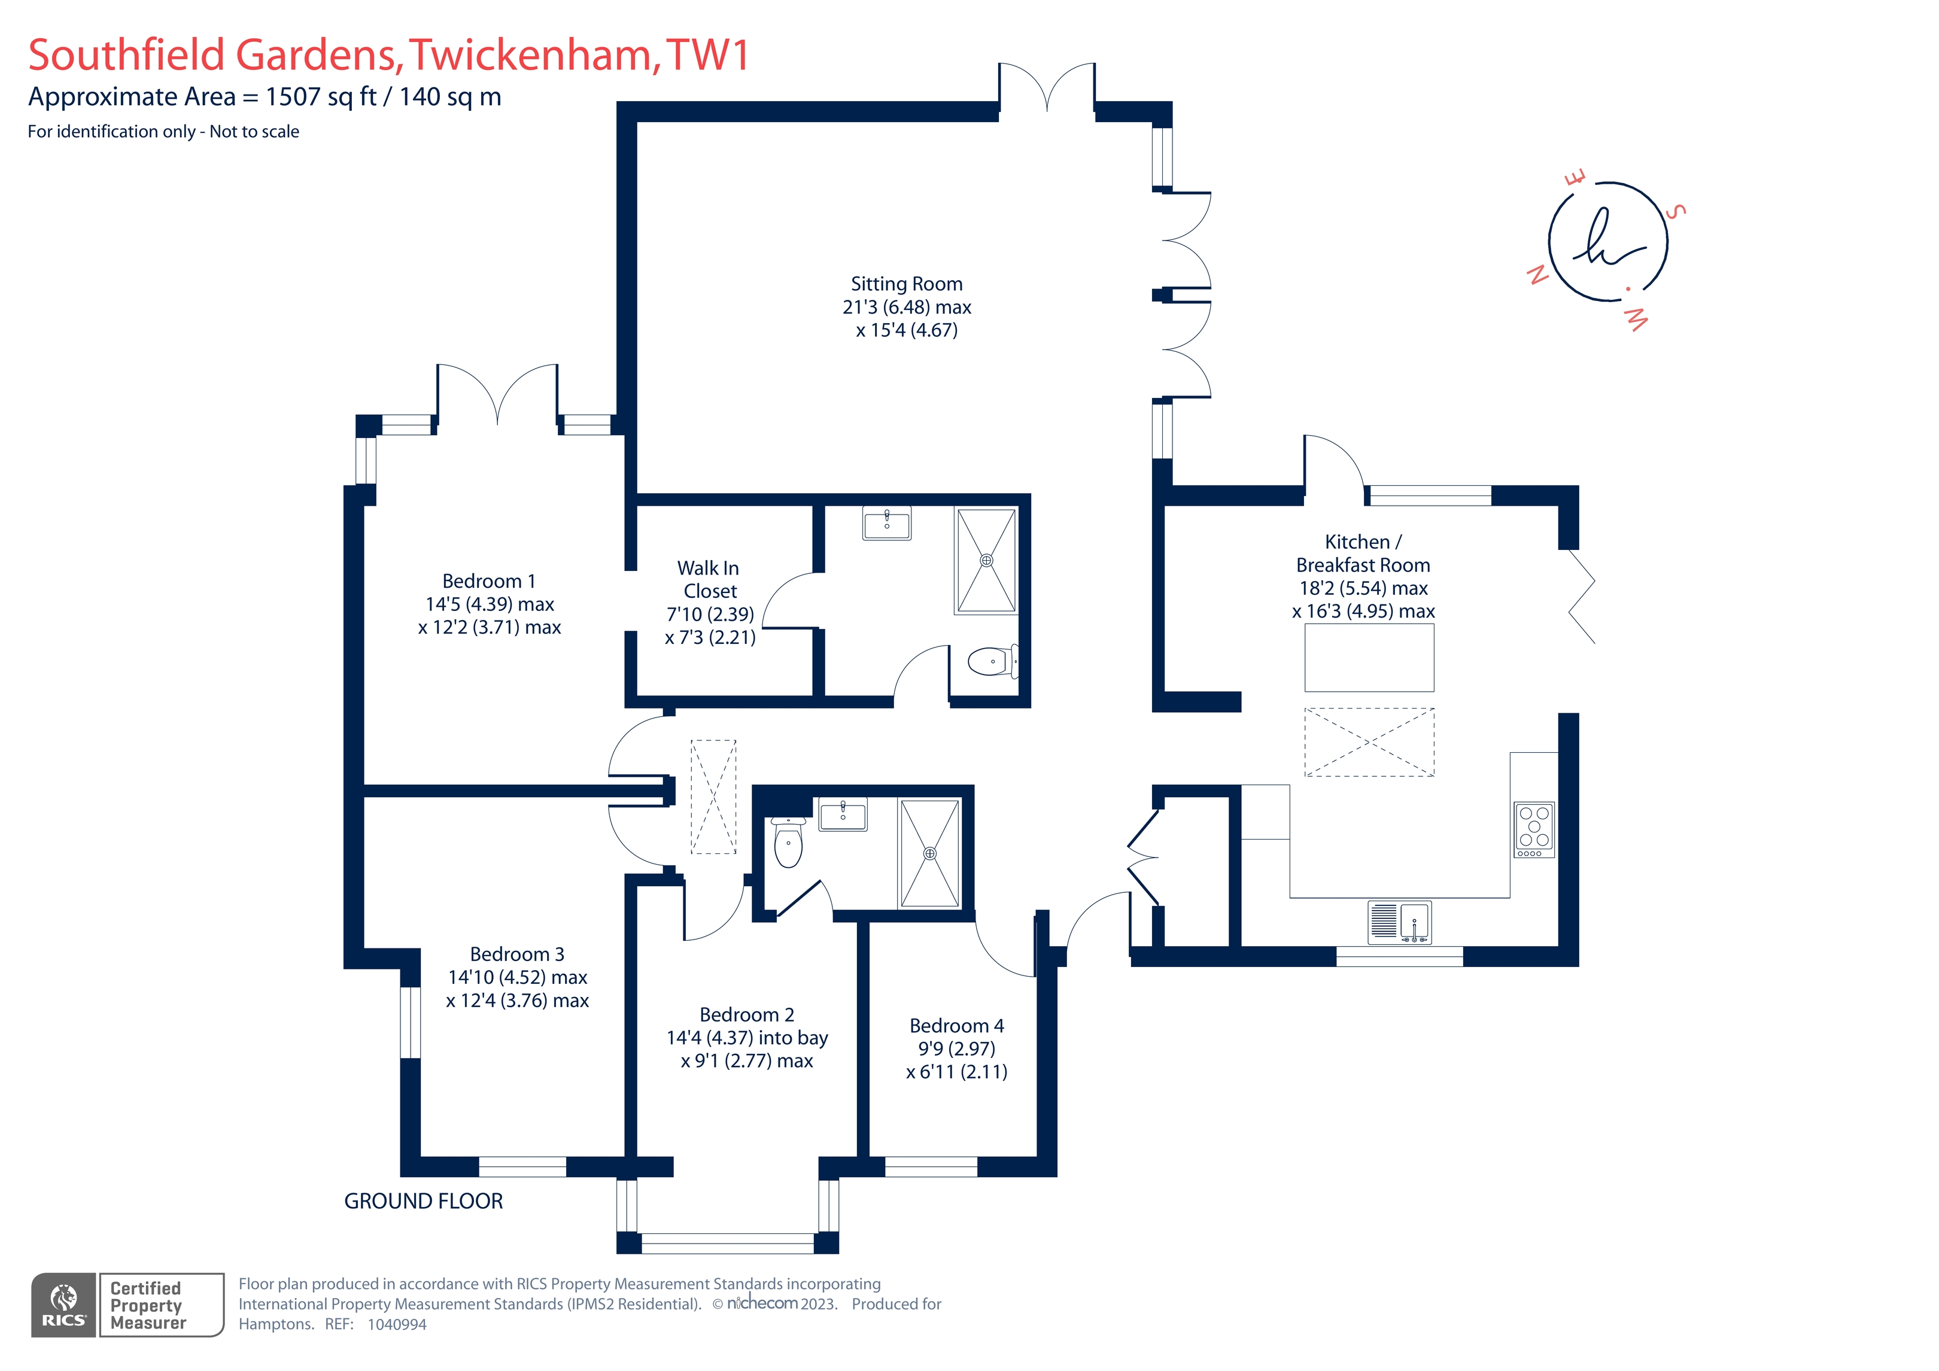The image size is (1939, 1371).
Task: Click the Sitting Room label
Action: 906,284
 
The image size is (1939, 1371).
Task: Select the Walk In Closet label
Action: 709,579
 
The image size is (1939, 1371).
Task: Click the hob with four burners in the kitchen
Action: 1534,828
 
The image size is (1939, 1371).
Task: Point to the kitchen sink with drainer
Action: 1399,922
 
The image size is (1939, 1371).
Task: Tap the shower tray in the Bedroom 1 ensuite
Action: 986,560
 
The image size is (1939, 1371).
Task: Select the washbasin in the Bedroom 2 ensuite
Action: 843,815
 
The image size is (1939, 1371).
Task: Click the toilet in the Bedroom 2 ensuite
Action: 788,843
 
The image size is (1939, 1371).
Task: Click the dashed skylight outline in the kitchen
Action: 1368,741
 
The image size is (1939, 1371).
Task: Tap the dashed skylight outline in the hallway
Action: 713,797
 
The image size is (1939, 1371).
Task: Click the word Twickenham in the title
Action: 530,55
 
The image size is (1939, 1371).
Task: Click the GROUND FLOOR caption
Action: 423,1200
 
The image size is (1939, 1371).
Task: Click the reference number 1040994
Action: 397,1324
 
